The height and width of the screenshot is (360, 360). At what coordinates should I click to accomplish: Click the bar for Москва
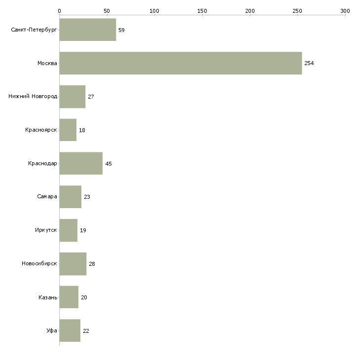tap(180, 63)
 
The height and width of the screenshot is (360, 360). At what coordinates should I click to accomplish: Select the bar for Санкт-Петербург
tap(88, 30)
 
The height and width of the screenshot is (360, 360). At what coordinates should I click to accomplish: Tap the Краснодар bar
tap(81, 163)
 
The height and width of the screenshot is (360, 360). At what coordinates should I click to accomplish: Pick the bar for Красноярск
tap(68, 130)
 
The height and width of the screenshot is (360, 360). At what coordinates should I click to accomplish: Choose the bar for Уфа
tap(70, 330)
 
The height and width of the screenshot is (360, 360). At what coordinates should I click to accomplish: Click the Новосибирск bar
tap(73, 264)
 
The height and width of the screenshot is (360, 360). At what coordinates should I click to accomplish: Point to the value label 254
tap(309, 64)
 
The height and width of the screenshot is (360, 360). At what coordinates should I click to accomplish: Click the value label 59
tap(121, 30)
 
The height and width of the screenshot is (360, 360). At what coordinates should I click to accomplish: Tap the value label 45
tap(108, 164)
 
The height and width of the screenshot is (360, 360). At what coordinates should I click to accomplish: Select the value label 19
tap(83, 230)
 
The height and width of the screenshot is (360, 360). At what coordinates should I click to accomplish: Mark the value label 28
tap(92, 264)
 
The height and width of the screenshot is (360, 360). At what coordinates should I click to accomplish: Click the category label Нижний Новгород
tap(33, 97)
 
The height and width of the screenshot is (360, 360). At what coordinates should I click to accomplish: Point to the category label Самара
tap(47, 197)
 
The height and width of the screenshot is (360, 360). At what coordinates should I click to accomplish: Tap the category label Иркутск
tap(46, 230)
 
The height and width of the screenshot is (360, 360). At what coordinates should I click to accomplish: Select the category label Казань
tap(47, 297)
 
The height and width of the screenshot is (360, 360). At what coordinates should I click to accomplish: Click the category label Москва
tap(47, 64)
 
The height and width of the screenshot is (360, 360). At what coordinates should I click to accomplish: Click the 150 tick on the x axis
tap(202, 11)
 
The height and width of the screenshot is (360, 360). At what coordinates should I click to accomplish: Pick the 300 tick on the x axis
tap(345, 11)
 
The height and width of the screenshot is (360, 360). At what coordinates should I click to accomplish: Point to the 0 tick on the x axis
tap(59, 11)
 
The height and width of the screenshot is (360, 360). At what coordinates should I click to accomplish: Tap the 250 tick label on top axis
tap(297, 11)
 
